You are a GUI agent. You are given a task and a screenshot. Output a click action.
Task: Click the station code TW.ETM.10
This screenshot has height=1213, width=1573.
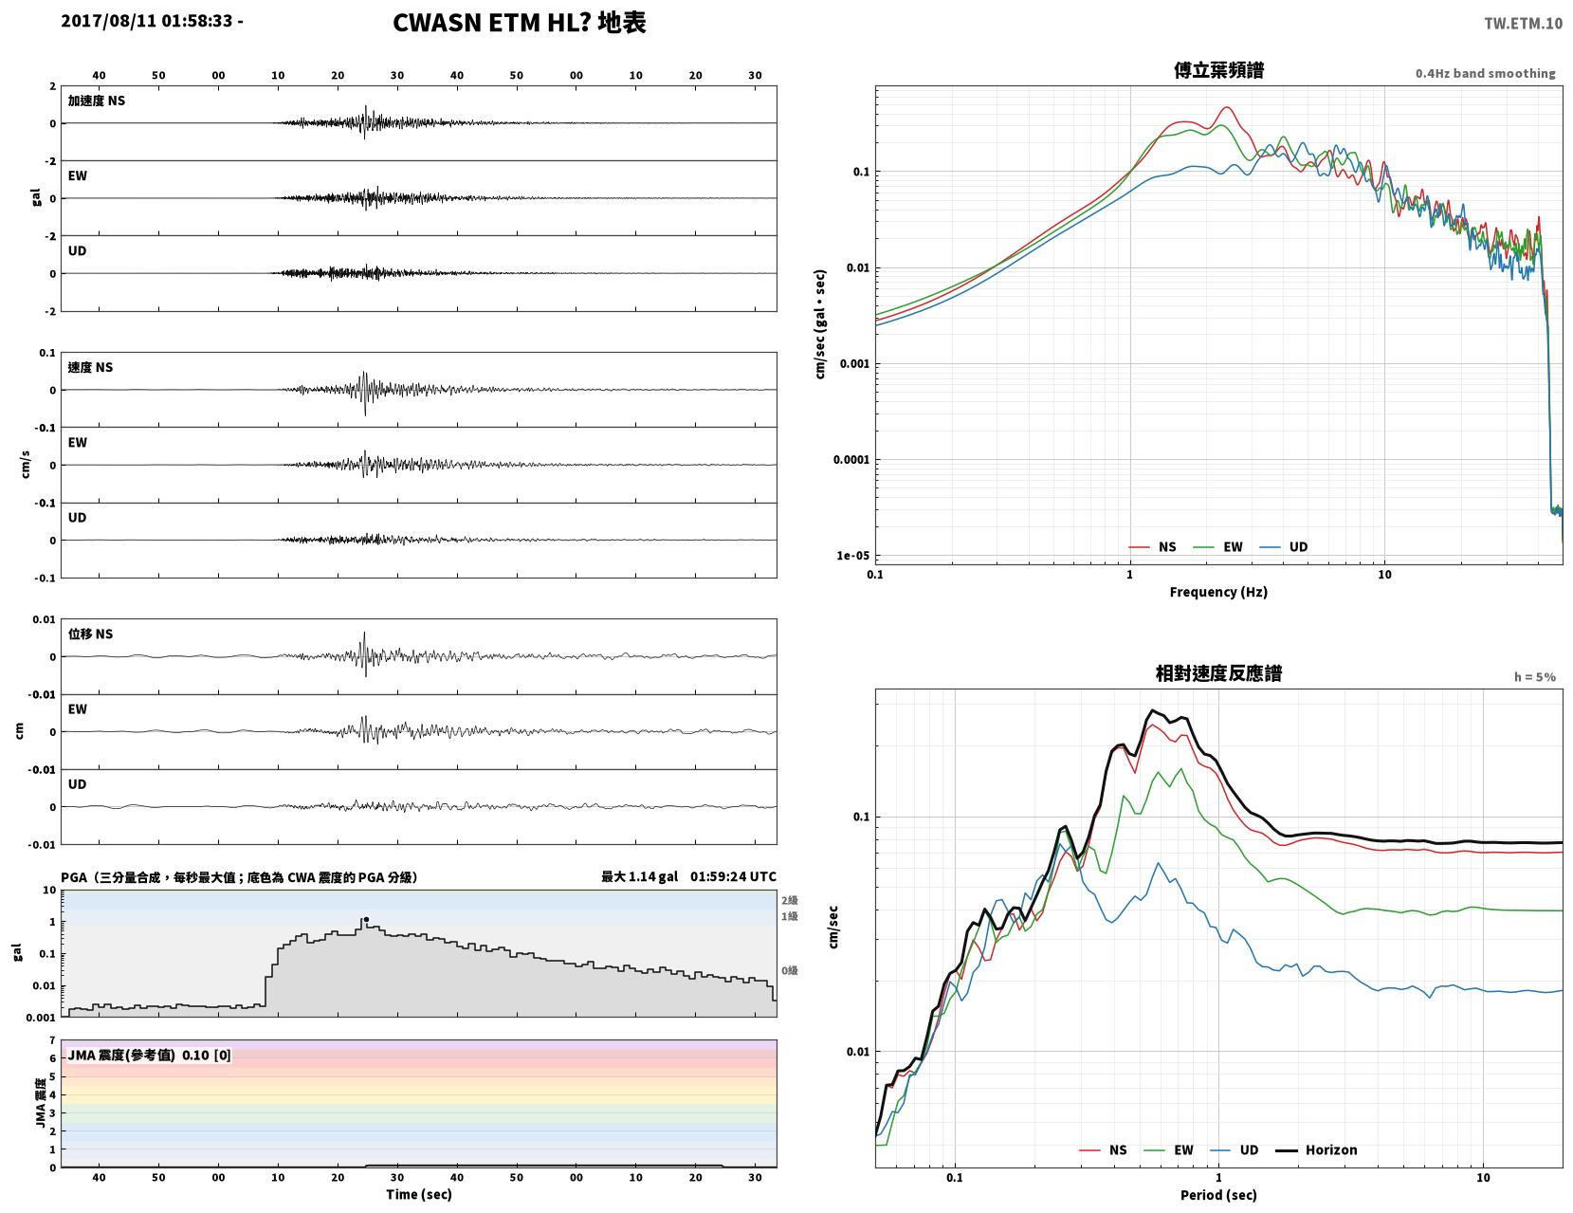[1523, 23]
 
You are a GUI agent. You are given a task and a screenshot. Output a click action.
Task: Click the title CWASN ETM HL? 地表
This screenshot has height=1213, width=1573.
[519, 23]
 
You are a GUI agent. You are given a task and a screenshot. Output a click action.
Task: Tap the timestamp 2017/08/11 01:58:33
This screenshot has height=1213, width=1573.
[146, 20]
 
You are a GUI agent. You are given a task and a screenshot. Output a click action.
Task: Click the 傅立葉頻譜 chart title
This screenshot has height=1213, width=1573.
[1218, 70]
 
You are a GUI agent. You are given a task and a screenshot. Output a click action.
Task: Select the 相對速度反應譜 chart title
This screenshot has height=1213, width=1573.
[1218, 673]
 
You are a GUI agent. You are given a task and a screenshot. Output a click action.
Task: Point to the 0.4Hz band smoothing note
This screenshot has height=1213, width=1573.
[1486, 73]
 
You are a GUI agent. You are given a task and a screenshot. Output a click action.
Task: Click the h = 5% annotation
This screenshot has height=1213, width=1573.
[1535, 677]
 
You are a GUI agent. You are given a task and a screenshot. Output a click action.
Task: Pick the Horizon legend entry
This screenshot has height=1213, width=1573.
[1316, 1150]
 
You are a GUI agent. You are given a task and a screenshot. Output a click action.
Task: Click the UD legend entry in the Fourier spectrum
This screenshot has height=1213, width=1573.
[1284, 547]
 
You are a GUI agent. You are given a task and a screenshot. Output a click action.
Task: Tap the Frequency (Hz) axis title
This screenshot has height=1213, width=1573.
[1218, 592]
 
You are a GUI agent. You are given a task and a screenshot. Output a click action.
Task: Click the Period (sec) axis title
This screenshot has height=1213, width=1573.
[1218, 1195]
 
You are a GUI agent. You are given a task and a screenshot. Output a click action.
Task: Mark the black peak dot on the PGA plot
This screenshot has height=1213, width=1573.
[366, 920]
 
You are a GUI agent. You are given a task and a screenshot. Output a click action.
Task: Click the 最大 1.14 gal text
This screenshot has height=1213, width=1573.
[639, 876]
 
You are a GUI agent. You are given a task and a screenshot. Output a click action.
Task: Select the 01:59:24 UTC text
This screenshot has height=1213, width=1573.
[733, 876]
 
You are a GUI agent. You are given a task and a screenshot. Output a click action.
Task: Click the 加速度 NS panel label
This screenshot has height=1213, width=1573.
[97, 101]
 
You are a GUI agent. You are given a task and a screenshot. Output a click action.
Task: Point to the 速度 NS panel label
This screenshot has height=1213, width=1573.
[90, 367]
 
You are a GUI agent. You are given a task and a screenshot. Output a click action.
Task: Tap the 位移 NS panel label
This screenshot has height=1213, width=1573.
[90, 634]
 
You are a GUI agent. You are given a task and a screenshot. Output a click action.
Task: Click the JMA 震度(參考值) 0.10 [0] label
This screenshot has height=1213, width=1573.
[149, 1056]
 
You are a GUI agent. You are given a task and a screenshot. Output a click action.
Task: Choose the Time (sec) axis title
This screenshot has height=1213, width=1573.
[418, 1194]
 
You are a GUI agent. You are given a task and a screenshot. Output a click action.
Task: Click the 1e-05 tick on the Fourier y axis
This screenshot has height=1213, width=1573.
[852, 556]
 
